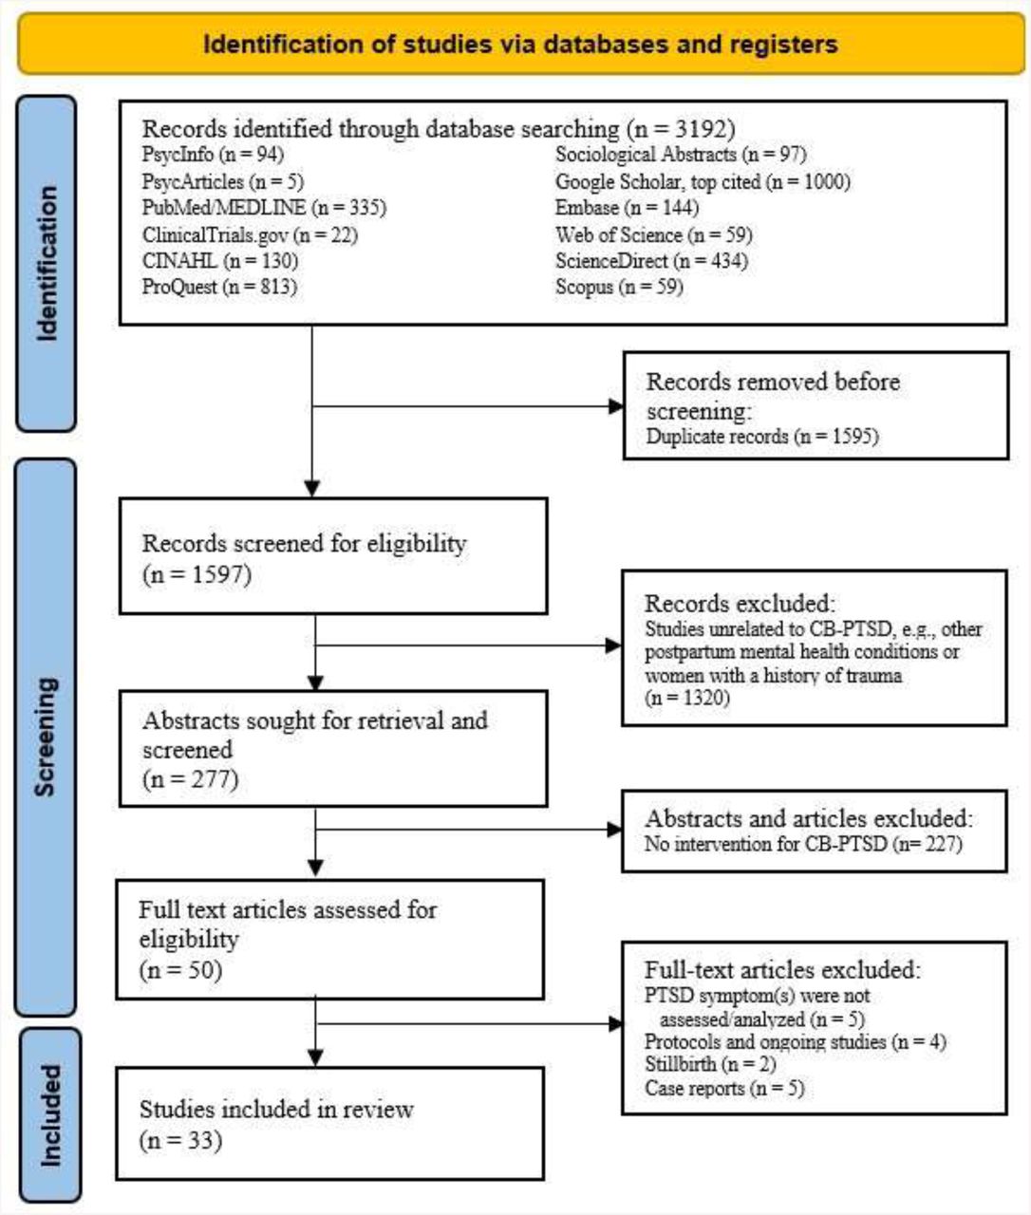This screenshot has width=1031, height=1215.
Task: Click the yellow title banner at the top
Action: pos(521,44)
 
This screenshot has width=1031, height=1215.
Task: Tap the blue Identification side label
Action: pos(47,263)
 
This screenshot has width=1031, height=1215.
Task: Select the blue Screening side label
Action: pos(46,738)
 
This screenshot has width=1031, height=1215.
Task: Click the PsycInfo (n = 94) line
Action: pos(213,155)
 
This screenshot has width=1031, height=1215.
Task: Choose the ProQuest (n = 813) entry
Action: pos(220,287)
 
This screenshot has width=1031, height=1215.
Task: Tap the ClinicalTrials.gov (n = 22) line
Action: pos(250,234)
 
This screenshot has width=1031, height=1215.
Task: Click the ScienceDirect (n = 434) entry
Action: pos(651,260)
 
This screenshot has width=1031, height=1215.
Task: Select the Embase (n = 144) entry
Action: pos(627,208)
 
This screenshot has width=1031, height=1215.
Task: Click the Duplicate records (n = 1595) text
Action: pos(761,436)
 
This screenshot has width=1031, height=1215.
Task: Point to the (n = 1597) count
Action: pos(197,573)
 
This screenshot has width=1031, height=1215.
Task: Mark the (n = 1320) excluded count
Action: pos(687,698)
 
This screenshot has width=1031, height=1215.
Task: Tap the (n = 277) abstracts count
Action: pos(191,779)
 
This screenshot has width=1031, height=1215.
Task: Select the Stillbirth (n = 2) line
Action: pos(710,1064)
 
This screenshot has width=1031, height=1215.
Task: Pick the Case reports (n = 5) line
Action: pos(724,1088)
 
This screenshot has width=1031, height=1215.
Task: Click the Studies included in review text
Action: pos(276,1110)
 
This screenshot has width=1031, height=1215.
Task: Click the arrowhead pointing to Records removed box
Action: pos(615,406)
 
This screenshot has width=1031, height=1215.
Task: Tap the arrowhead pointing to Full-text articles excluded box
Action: pos(615,1024)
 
